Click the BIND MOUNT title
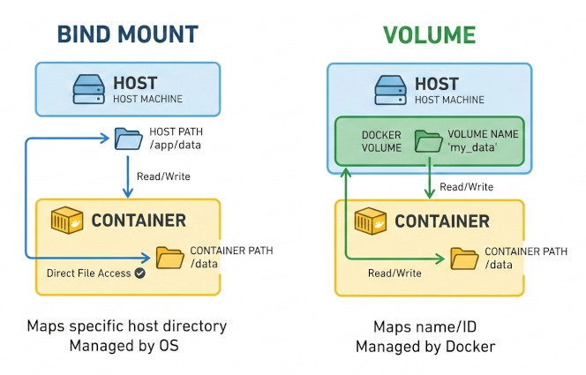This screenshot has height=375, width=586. [x=127, y=34]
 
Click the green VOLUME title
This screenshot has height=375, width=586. [x=429, y=34]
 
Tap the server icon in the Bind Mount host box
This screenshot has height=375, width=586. [x=90, y=90]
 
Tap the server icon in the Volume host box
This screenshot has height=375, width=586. [x=390, y=90]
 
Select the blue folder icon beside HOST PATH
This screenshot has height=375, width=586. [x=128, y=139]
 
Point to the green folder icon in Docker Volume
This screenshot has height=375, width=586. [x=428, y=141]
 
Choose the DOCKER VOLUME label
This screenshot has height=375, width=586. [x=381, y=141]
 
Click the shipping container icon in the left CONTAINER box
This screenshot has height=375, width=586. [x=70, y=221]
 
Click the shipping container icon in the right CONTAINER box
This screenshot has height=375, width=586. [x=372, y=221]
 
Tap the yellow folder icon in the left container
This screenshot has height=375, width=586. [x=169, y=257]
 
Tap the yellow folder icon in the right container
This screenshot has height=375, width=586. [x=464, y=258]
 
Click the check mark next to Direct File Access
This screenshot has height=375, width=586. [x=139, y=274]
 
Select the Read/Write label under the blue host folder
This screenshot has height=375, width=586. [x=163, y=176]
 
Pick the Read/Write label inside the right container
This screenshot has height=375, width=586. [x=394, y=274]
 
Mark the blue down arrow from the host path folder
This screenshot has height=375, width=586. [x=129, y=175]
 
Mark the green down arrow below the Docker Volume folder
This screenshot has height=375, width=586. [x=429, y=182]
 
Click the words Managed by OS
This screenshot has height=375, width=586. [x=124, y=346]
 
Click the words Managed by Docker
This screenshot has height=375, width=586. [x=424, y=347]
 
